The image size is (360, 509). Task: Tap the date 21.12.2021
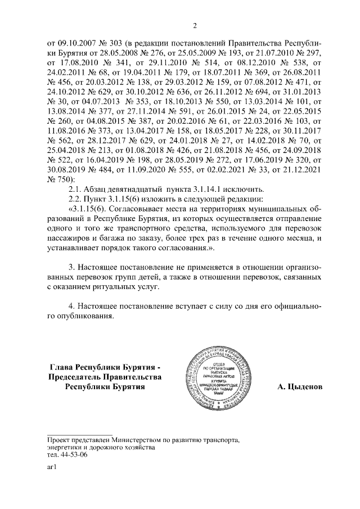coord(301,168)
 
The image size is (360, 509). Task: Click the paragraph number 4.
coord(70,308)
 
